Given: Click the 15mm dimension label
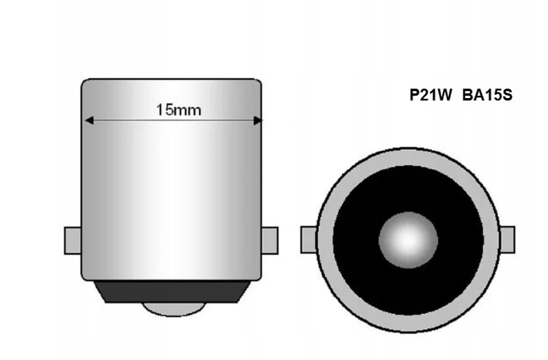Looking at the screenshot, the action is coord(174,109).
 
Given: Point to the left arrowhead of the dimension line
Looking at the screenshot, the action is coord(88,120).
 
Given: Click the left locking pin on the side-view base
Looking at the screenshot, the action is coord(72,240).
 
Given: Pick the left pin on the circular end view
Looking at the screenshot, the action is coord(309,240).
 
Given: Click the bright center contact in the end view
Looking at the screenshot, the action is coord(408,240).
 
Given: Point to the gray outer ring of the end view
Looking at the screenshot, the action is coord(408,160).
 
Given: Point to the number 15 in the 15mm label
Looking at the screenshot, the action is coord(163,109).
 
